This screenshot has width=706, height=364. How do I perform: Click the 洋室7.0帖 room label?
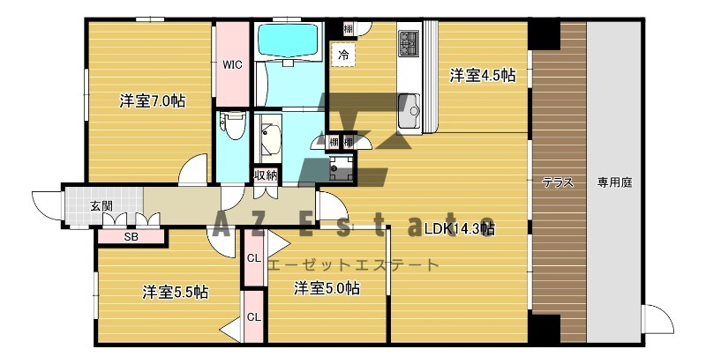tap(152, 101)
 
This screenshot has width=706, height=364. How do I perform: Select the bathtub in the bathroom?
tap(288, 40)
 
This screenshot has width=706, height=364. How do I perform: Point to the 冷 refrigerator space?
tap(343, 55)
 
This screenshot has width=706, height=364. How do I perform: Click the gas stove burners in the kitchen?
tap(409, 43)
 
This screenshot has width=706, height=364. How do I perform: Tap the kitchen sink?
tap(409, 110)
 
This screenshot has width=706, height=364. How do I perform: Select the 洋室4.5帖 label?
tap(482, 76)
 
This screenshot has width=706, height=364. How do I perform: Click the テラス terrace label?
tap(558, 182)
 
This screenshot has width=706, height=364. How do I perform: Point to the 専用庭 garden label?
tap(614, 182)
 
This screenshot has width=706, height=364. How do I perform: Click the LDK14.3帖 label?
tap(460, 228)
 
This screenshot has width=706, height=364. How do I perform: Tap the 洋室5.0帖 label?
tap(327, 288)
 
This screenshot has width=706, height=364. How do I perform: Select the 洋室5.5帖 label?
tap(175, 293)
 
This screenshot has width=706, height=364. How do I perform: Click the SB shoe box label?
tap(131, 237)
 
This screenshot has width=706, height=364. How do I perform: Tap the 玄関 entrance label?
tap(101, 206)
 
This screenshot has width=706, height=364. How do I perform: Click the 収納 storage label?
tap(265, 175)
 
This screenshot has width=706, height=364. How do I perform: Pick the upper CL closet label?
tap(254, 259)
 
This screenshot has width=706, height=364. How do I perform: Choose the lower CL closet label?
tap(254, 317)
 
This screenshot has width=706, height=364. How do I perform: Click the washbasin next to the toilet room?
tap(268, 138)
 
